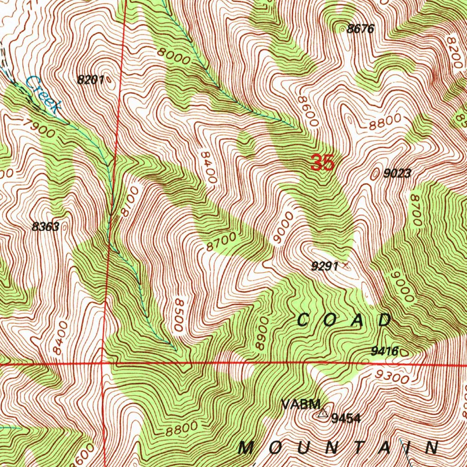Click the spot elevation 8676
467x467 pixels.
coord(360,30)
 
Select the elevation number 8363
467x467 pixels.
coord(46,227)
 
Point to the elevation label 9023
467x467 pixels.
coord(397,173)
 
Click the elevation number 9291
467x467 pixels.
coord(324,267)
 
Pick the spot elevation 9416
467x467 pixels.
coord(384,351)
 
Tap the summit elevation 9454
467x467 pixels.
coord(346,418)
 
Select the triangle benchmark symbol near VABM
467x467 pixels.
coord(323,414)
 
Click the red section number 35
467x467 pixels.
coord(323,163)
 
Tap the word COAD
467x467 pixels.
coord(344,320)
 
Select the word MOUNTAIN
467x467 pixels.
coord(338,448)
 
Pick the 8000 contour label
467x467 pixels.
coord(173,57)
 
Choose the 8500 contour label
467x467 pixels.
coord(179,315)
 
